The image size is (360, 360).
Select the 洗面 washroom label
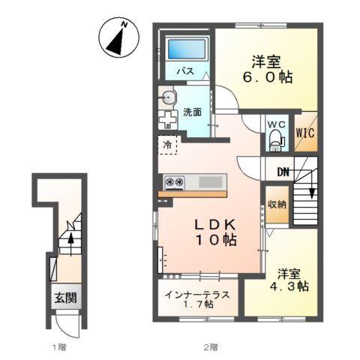pyautogui.click(x=192, y=112)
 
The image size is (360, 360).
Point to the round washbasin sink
pyautogui.click(x=166, y=96)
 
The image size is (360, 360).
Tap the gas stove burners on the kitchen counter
pyautogui.click(x=175, y=181)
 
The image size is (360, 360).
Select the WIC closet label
pyautogui.click(x=304, y=133)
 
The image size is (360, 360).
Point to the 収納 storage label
pyautogui.click(x=275, y=204)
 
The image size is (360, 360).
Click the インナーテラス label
pyautogui.click(x=199, y=293)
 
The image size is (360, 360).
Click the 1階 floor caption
pyautogui.click(x=59, y=346)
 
